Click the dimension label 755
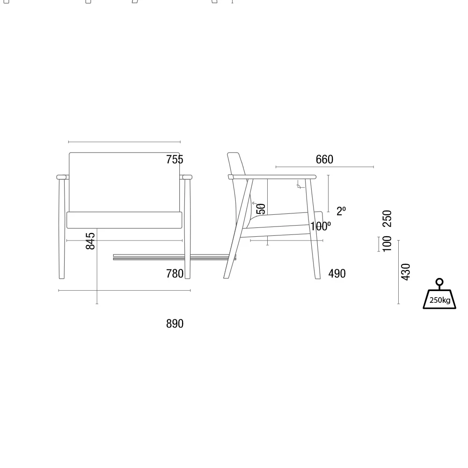175,160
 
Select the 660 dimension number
324,160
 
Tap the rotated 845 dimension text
90,241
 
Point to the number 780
175,274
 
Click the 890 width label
175,324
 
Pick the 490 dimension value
337,274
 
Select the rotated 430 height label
406,272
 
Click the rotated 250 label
387,219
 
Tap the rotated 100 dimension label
387,244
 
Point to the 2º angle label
341,212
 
